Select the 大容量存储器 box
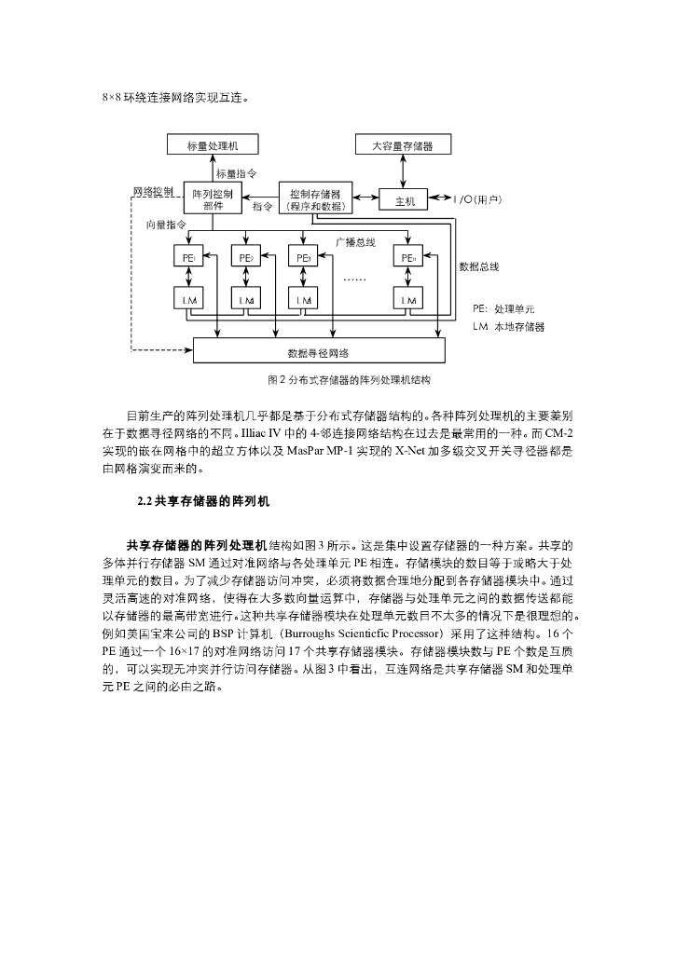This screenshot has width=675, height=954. [x=402, y=145]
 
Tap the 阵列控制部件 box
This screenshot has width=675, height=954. [x=213, y=199]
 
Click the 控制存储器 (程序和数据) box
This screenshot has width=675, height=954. [x=315, y=199]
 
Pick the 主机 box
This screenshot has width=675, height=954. [x=406, y=200]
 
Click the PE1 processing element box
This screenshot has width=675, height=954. [x=189, y=258]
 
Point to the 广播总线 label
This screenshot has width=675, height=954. [x=355, y=241]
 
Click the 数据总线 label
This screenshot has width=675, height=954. [x=479, y=266]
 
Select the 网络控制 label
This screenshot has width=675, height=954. [x=153, y=190]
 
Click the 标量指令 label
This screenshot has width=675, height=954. [x=237, y=173]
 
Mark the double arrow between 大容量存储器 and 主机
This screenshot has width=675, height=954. [x=402, y=171]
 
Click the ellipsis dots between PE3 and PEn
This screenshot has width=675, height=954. [x=355, y=279]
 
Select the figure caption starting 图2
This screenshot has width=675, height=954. [x=336, y=380]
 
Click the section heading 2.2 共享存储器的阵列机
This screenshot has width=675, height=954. [x=202, y=501]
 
